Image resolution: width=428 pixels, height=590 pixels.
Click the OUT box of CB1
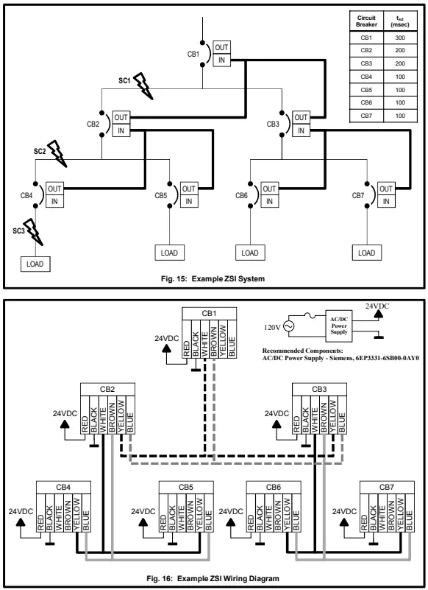[x=221, y=46]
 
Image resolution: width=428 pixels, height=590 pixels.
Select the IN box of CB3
[x=300, y=130]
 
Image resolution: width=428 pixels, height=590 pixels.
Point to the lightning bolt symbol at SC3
[x=31, y=228]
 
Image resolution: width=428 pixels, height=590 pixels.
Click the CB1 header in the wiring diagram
[x=210, y=313]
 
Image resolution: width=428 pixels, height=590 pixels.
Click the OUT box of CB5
[x=189, y=188]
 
